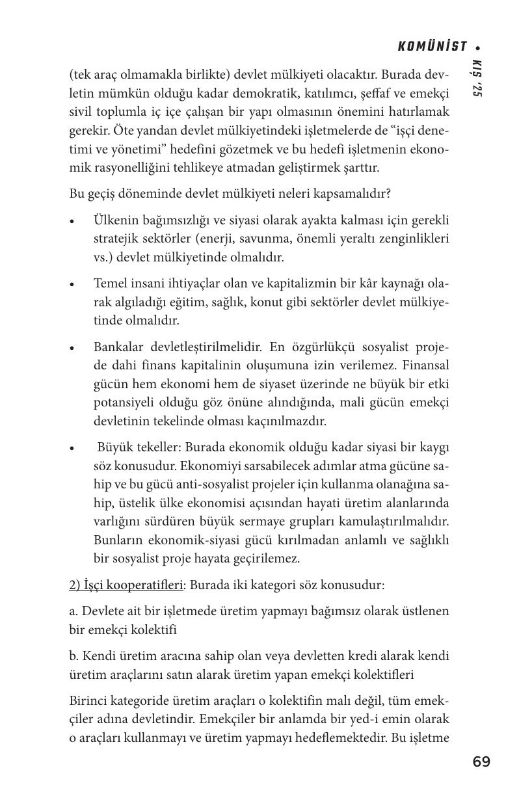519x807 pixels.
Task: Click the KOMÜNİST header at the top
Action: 432,46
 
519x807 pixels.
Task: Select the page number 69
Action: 481,761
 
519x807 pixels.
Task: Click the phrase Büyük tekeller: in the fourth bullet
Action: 140,448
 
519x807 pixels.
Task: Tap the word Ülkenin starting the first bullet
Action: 115,220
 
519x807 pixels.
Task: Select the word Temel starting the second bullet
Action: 110,284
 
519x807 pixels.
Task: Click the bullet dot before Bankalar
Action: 73,348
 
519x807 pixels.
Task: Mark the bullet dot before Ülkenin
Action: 73,221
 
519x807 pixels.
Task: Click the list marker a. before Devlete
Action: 73,611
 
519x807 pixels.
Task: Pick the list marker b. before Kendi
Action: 74,656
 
